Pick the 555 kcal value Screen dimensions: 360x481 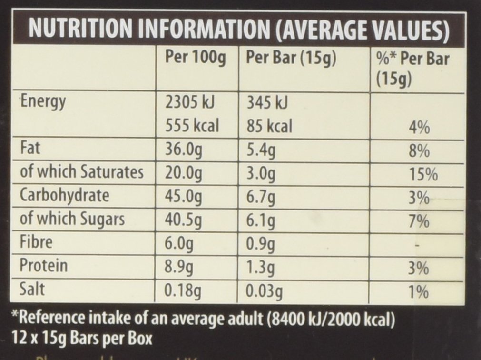[x=192, y=126]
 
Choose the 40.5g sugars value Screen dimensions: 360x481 [x=183, y=220]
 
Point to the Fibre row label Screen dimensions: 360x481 [x=38, y=242]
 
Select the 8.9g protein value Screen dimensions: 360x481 [x=179, y=266]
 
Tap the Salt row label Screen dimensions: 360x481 [x=33, y=289]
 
